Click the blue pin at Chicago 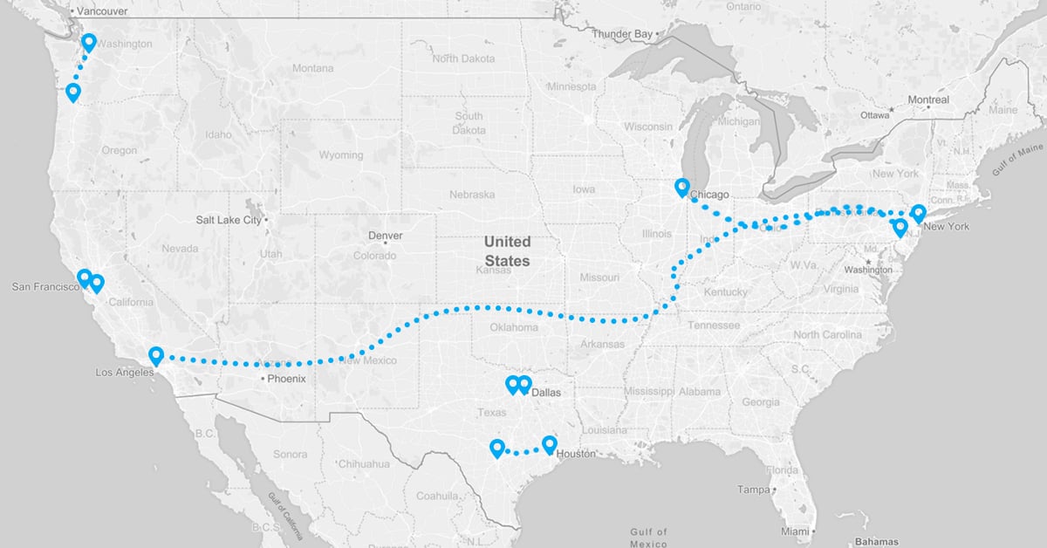(682, 187)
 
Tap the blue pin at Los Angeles (156, 355)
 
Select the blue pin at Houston (549, 445)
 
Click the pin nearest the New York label (918, 213)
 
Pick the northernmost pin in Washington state (88, 42)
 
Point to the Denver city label (386, 236)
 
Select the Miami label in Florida (795, 531)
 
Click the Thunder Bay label (621, 34)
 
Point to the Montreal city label (927, 100)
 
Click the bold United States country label (507, 250)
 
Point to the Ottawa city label (874, 115)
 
